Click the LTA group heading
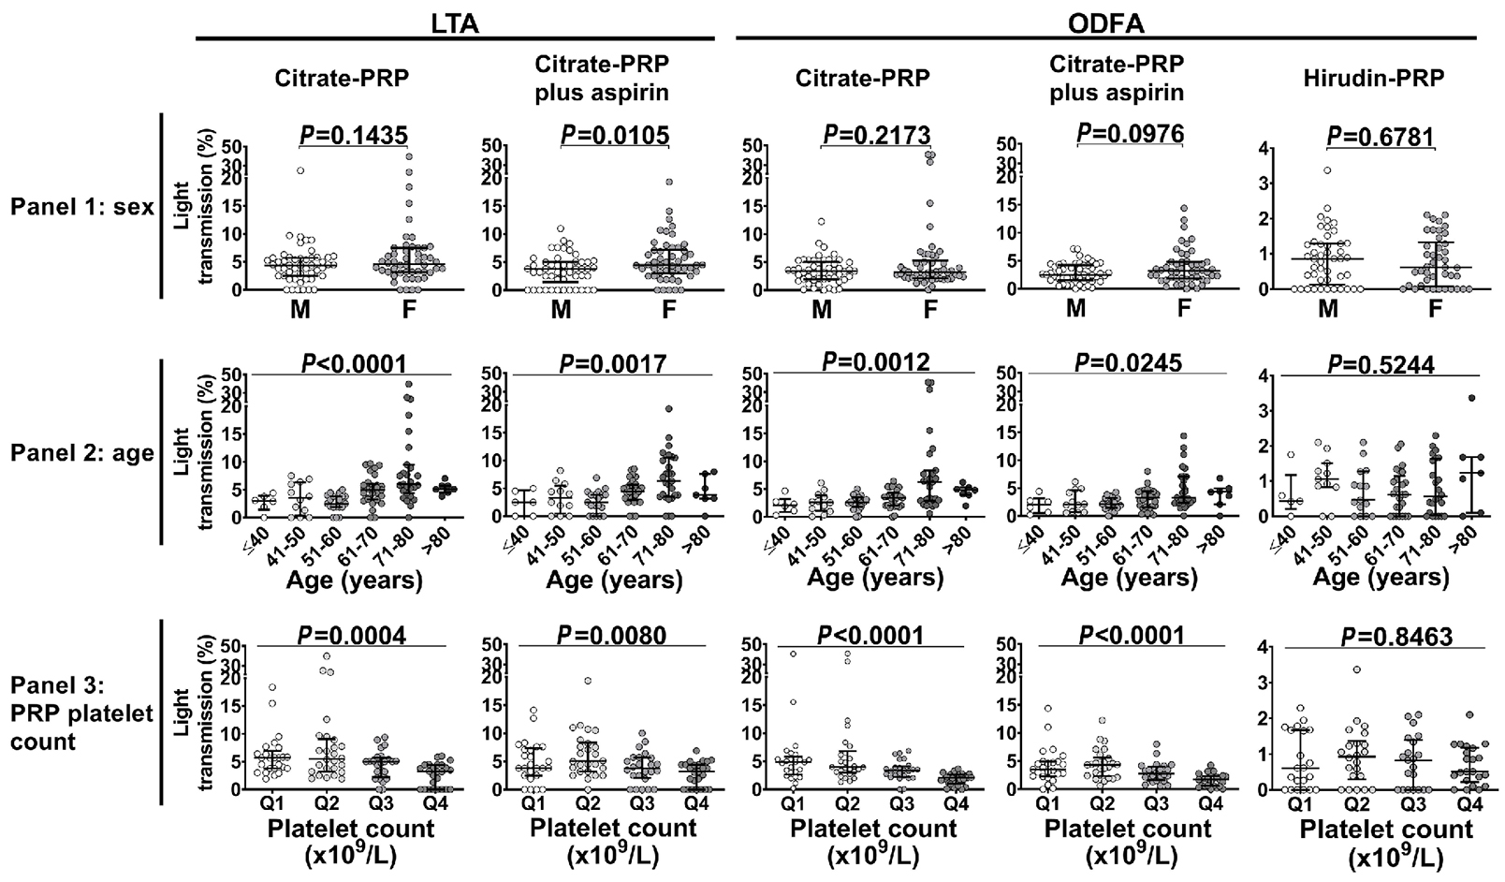[x=455, y=24]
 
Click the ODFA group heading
[x=1107, y=24]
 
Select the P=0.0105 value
[x=615, y=136]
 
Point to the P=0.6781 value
[x=1381, y=137]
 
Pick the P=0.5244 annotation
[x=1381, y=364]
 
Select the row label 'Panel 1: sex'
[x=81, y=207]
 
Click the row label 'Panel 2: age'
[x=81, y=454]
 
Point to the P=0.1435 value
[x=353, y=136]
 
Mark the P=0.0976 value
[x=1130, y=134]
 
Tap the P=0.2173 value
[x=875, y=136]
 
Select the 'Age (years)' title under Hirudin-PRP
[x=1381, y=578]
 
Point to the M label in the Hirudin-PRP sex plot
[x=1327, y=308]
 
